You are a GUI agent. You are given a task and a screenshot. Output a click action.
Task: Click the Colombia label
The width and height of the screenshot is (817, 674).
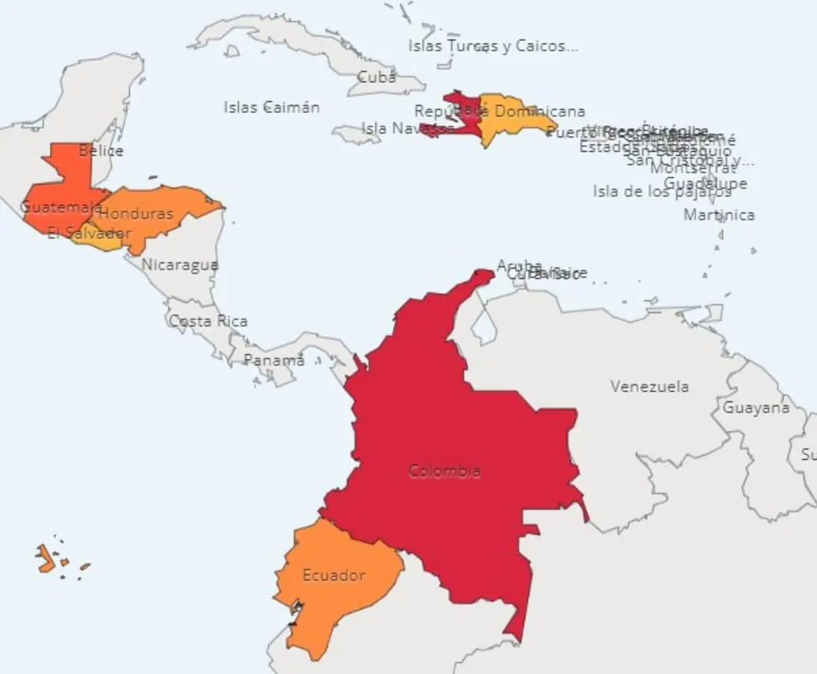tap(444, 471)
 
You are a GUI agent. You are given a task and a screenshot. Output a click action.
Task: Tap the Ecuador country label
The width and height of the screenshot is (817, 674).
tap(333, 575)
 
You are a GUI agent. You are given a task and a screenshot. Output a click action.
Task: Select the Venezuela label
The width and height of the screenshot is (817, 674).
tap(649, 386)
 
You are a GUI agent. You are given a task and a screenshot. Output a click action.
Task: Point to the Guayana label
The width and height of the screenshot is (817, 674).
tap(755, 408)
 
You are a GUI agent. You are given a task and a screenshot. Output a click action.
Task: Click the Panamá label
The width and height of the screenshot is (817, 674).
tap(273, 360)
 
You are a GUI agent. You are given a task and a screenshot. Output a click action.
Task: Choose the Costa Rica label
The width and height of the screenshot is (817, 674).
tap(208, 321)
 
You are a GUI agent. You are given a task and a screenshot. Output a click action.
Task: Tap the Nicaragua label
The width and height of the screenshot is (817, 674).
tap(180, 265)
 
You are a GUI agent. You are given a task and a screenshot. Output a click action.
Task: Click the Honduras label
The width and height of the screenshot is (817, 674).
tap(137, 213)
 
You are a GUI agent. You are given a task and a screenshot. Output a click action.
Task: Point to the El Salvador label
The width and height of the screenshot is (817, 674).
tap(88, 233)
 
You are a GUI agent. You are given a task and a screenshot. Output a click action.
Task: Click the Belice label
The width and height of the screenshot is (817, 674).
tap(101, 150)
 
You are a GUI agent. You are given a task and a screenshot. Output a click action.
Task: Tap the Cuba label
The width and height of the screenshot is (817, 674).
tap(377, 77)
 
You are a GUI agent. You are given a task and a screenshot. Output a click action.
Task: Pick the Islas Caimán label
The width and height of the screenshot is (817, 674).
tap(271, 107)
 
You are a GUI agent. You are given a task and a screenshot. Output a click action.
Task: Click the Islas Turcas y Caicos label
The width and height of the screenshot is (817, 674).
tap(492, 46)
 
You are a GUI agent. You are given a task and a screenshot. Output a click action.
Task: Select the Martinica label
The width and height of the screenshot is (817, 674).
tap(719, 215)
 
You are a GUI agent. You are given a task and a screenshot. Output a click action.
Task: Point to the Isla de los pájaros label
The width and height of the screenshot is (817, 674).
tap(662, 191)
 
